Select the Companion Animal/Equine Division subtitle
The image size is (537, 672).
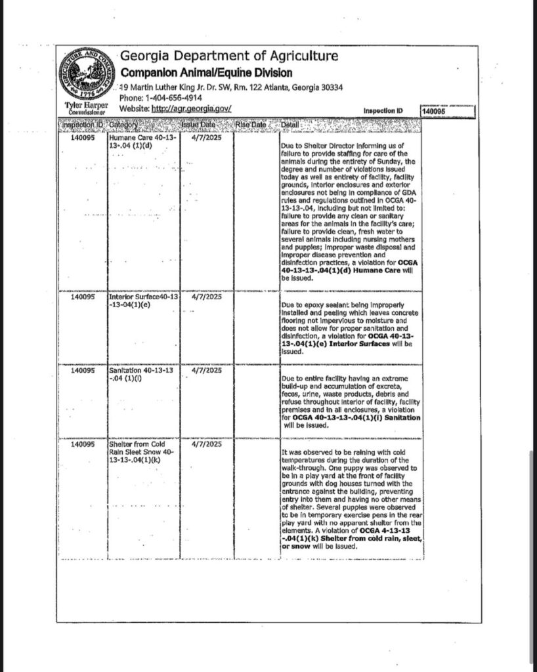206,73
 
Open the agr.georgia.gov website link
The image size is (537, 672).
191,108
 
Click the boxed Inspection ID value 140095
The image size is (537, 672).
434,112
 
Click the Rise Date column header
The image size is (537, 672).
250,125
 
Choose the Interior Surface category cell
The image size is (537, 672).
142,300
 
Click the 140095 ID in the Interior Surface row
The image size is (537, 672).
83,296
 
